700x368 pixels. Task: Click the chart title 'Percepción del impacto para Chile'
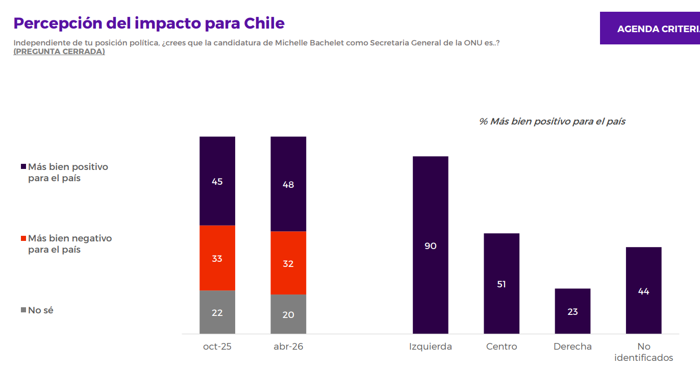149,23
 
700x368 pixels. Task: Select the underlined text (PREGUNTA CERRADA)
59,52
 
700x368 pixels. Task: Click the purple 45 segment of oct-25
217,181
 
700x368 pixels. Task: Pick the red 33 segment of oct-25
217,258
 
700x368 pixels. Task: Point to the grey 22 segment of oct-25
217,312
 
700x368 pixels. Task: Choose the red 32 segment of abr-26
288,263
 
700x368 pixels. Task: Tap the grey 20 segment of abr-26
288,314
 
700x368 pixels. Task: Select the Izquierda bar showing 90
431,245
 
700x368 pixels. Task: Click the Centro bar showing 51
502,283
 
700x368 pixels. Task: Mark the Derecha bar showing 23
572,311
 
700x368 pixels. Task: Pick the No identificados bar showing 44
643,290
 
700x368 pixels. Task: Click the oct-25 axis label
217,347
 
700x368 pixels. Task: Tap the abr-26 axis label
288,347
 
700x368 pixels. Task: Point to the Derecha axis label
572,347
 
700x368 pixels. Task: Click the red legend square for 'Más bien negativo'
23,238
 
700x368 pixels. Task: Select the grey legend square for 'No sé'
23,310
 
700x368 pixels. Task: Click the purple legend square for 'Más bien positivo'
23,167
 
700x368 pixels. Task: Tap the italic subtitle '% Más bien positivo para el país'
552,121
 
